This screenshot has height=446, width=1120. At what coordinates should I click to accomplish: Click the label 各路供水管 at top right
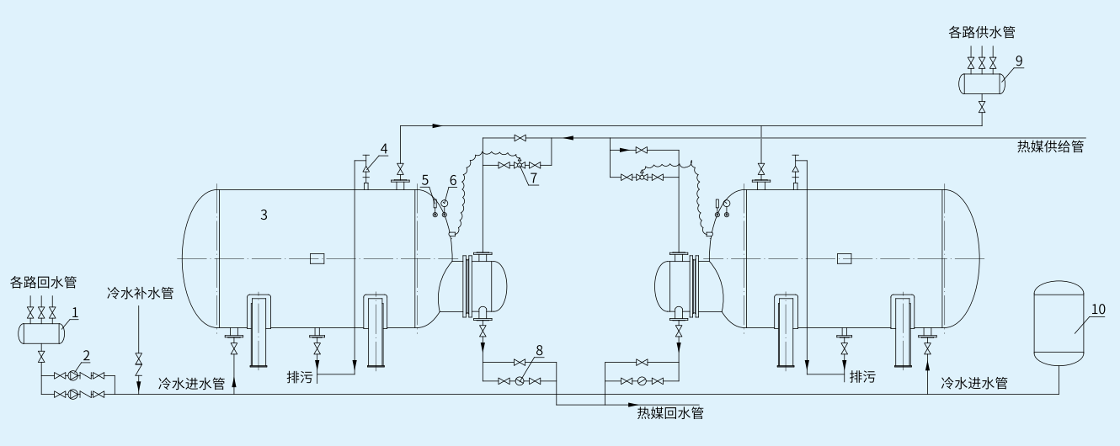click(x=982, y=33)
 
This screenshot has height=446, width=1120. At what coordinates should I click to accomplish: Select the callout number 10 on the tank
click(x=1098, y=309)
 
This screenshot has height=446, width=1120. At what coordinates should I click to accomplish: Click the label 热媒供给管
click(x=1049, y=146)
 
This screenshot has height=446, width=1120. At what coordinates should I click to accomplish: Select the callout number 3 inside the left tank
click(x=264, y=215)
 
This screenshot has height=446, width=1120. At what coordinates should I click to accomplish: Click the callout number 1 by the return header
click(x=75, y=311)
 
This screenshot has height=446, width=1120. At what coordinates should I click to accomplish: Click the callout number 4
click(x=383, y=149)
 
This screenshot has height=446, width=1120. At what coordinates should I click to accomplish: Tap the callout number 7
click(x=531, y=178)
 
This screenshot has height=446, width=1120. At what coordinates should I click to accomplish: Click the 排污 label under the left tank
click(x=299, y=377)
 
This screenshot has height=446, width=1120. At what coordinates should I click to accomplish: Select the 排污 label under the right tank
click(x=862, y=376)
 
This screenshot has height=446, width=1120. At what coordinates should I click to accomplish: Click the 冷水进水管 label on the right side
click(x=974, y=383)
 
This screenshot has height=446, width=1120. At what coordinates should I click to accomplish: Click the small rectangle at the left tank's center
click(x=317, y=258)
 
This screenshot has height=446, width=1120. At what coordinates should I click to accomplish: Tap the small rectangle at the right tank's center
click(x=844, y=258)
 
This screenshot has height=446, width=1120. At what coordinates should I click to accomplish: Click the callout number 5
click(x=426, y=179)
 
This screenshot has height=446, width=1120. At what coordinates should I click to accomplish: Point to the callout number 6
click(x=452, y=179)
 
